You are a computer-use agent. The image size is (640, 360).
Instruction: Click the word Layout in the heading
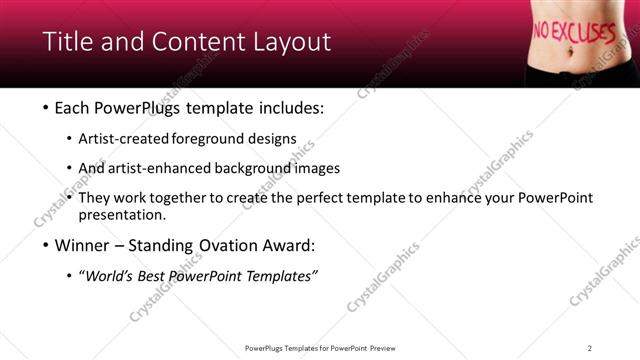(290, 42)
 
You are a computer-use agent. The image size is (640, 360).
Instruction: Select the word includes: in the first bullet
(288, 107)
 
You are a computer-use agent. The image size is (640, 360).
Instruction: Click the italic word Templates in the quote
(283, 276)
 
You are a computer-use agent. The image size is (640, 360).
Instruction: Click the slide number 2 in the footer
(590, 348)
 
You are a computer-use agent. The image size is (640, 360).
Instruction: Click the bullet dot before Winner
(47, 245)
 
